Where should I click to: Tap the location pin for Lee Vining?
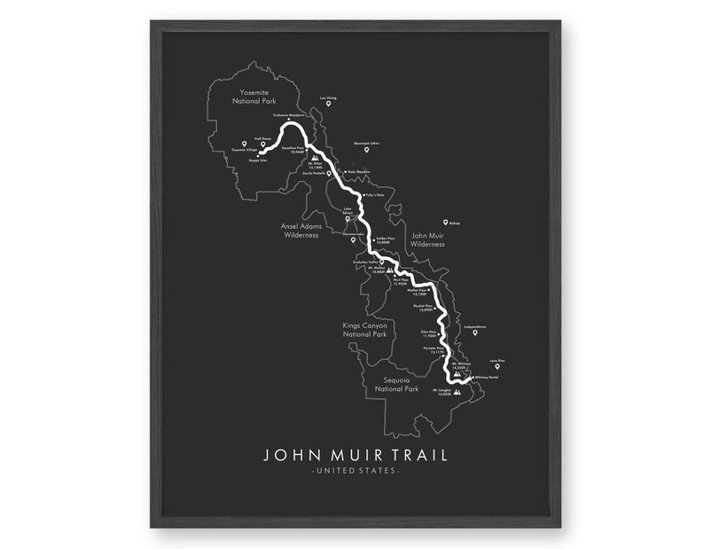click(x=328, y=105)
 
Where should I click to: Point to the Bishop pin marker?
click(x=445, y=223)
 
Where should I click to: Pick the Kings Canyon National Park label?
click(x=365, y=330)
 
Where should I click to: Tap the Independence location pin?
click(x=474, y=333)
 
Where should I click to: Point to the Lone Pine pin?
click(x=497, y=366)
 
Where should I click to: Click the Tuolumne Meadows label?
click(x=289, y=116)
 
